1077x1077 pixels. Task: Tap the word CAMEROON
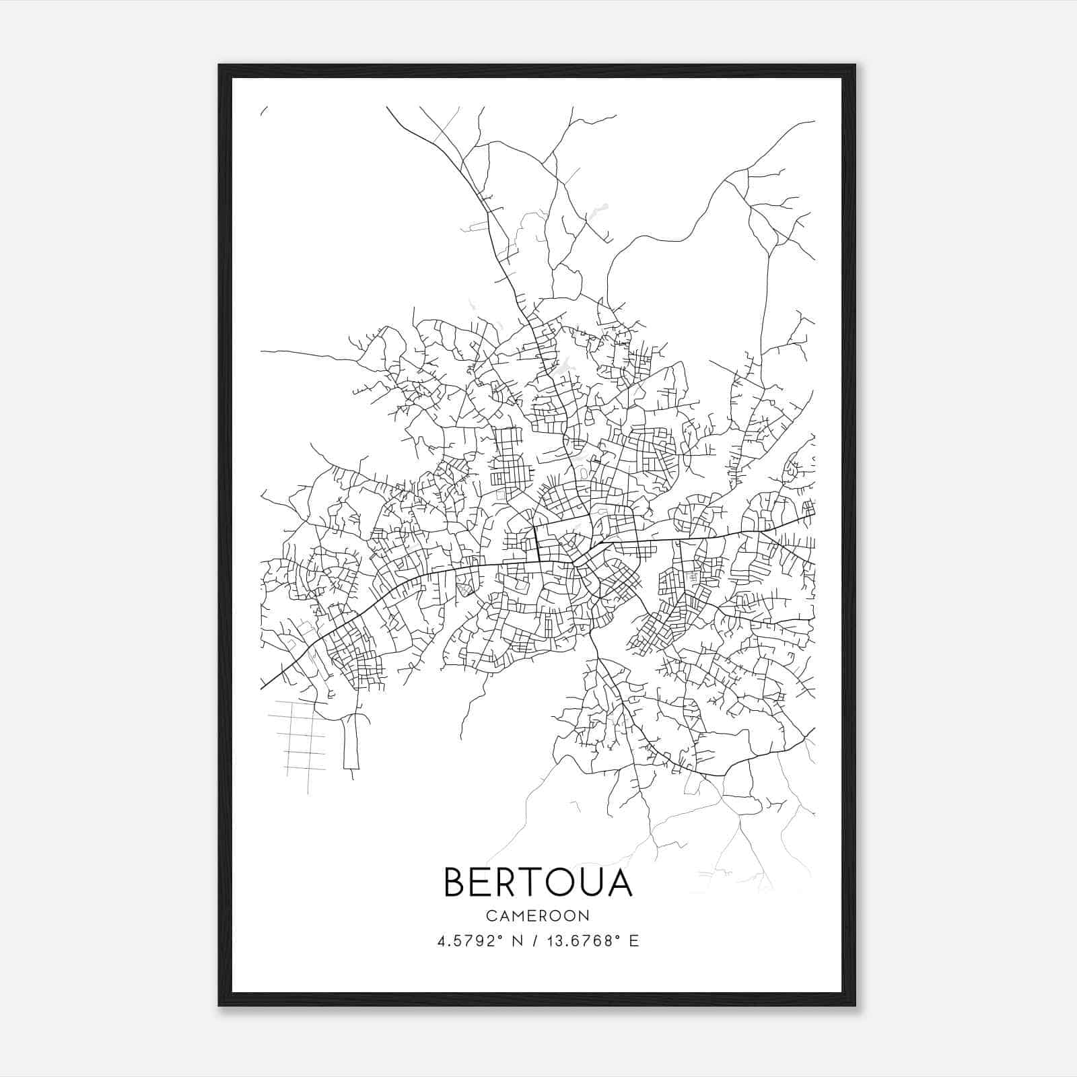coord(538,915)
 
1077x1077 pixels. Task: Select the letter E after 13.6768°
coord(633,941)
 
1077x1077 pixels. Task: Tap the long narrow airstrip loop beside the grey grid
coord(351,744)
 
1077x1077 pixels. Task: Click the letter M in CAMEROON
coord(517,915)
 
